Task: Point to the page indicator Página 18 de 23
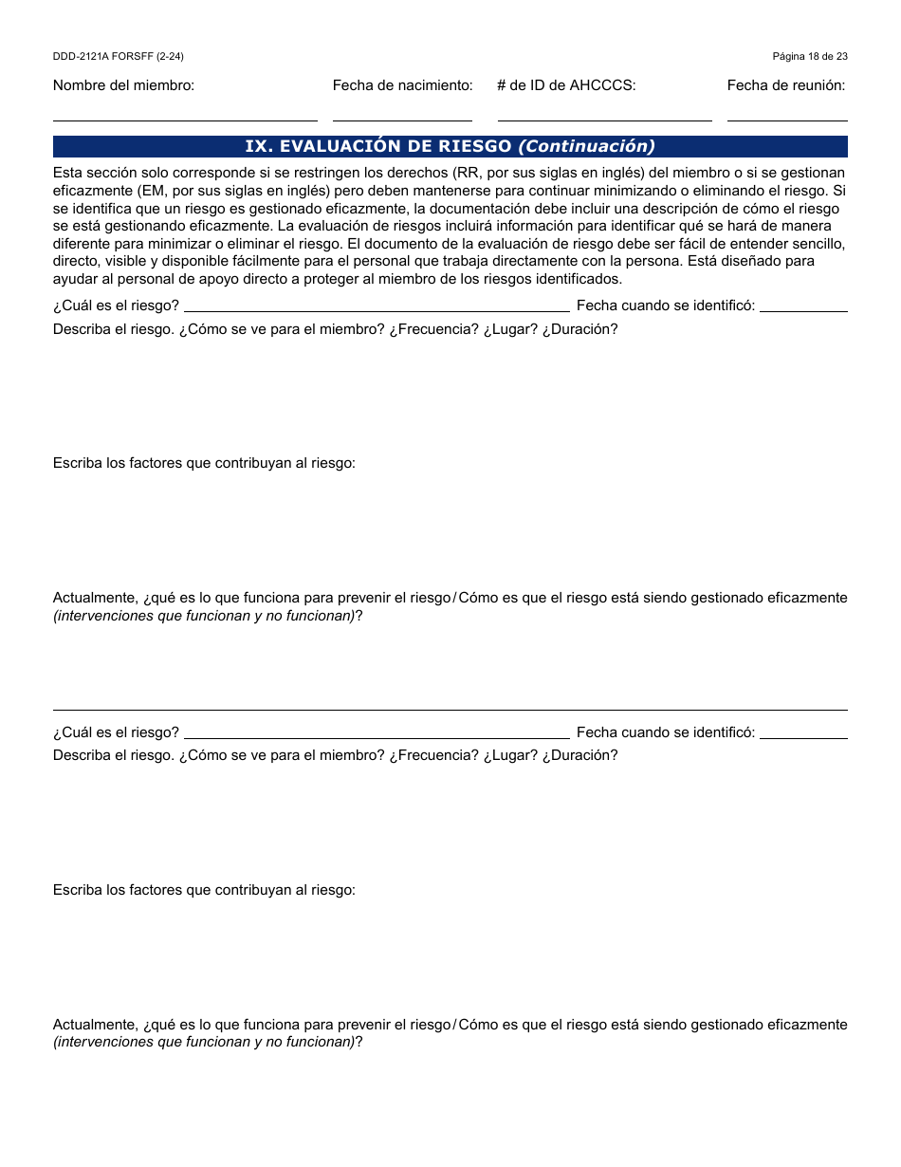810,57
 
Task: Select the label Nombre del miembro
123,85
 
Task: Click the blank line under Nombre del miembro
185,120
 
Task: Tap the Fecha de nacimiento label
402,85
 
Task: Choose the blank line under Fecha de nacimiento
402,120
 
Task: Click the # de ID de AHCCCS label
566,85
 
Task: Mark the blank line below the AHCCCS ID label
604,120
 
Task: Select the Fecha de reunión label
786,85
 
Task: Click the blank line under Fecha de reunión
787,120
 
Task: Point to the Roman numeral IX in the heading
257,146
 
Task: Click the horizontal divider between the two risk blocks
450,710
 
